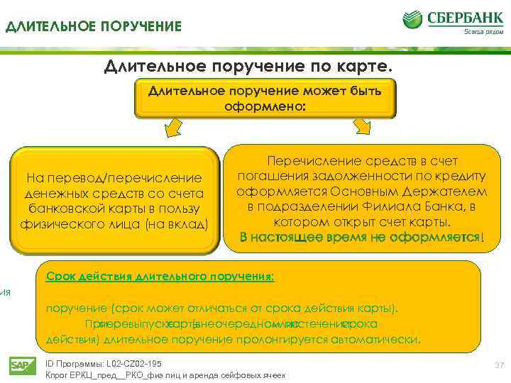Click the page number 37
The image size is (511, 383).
pyautogui.click(x=498, y=365)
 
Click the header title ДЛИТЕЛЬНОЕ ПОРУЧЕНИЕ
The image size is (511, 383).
pyautogui.click(x=94, y=27)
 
